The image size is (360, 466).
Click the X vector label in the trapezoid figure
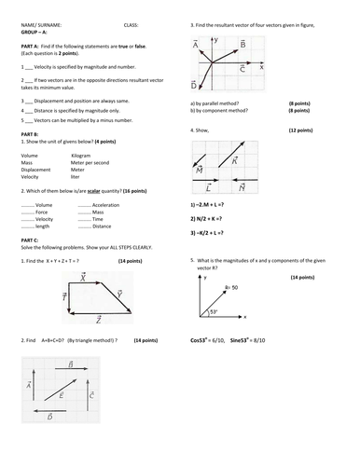pyautogui.click(x=83, y=277)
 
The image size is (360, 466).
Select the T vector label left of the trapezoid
pyautogui.click(x=63, y=296)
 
